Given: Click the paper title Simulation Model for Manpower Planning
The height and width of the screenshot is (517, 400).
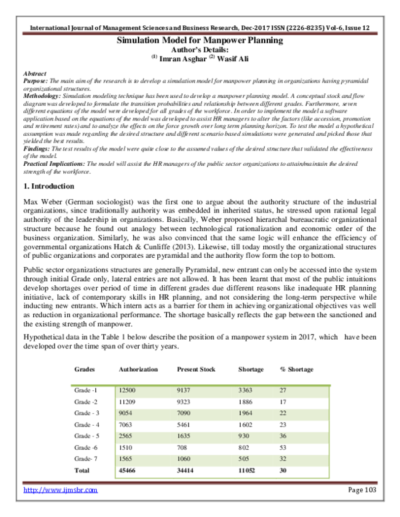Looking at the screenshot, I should pyautogui.click(x=200, y=41).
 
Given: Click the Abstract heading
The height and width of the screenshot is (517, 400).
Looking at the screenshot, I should pyautogui.click(x=35, y=73).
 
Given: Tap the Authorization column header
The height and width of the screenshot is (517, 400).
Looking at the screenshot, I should pyautogui.click(x=138, y=369).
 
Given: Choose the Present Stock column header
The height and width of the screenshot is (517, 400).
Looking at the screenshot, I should pyautogui.click(x=198, y=369).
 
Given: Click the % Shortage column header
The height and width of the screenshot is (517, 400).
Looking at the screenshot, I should pyautogui.click(x=297, y=369).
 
